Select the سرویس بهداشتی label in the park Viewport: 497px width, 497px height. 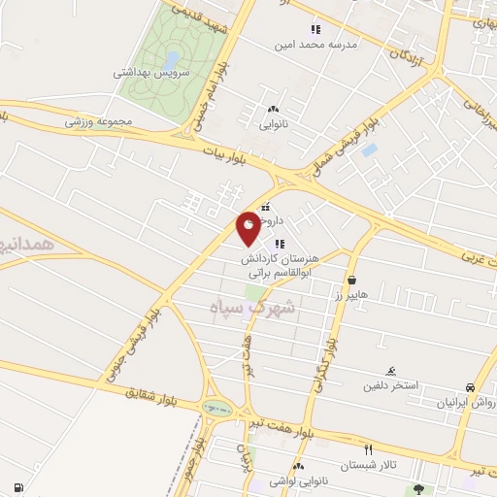[148, 72]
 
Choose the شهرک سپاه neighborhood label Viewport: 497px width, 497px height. [251, 307]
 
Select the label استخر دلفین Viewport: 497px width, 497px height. [392, 385]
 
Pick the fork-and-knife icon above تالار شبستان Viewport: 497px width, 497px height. [367, 449]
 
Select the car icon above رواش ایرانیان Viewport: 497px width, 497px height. [470, 386]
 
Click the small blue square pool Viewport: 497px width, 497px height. [369, 150]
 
